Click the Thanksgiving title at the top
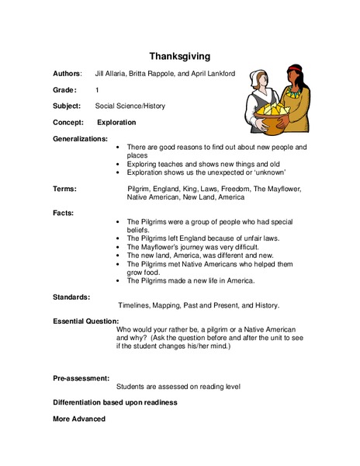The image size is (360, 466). (179, 56)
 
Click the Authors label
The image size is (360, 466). (67, 73)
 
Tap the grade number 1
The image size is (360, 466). (97, 89)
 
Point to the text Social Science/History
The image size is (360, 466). (130, 106)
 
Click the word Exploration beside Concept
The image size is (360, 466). (116, 123)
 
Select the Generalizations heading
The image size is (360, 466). (80, 138)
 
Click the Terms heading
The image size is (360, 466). (65, 189)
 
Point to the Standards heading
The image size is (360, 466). (71, 297)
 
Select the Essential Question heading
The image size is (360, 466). (85, 320)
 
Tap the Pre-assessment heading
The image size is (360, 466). (81, 377)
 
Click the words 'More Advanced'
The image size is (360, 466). (78, 419)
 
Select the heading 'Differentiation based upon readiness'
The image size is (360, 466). (115, 402)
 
